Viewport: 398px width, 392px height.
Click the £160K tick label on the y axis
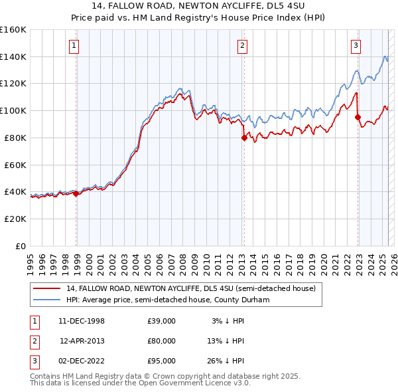13,30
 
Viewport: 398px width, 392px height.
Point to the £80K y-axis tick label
15,138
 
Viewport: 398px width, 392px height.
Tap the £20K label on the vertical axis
15,219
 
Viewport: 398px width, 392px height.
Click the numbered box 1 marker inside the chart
73,46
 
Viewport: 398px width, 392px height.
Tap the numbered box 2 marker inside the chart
242,46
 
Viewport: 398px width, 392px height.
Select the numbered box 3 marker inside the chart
356,46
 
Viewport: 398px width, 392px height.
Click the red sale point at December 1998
76,193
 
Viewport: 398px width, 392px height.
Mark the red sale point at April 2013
243,138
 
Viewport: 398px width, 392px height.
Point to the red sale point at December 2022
358,118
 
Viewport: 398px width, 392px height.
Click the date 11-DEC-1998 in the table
82,321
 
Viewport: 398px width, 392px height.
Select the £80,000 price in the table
161,341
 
